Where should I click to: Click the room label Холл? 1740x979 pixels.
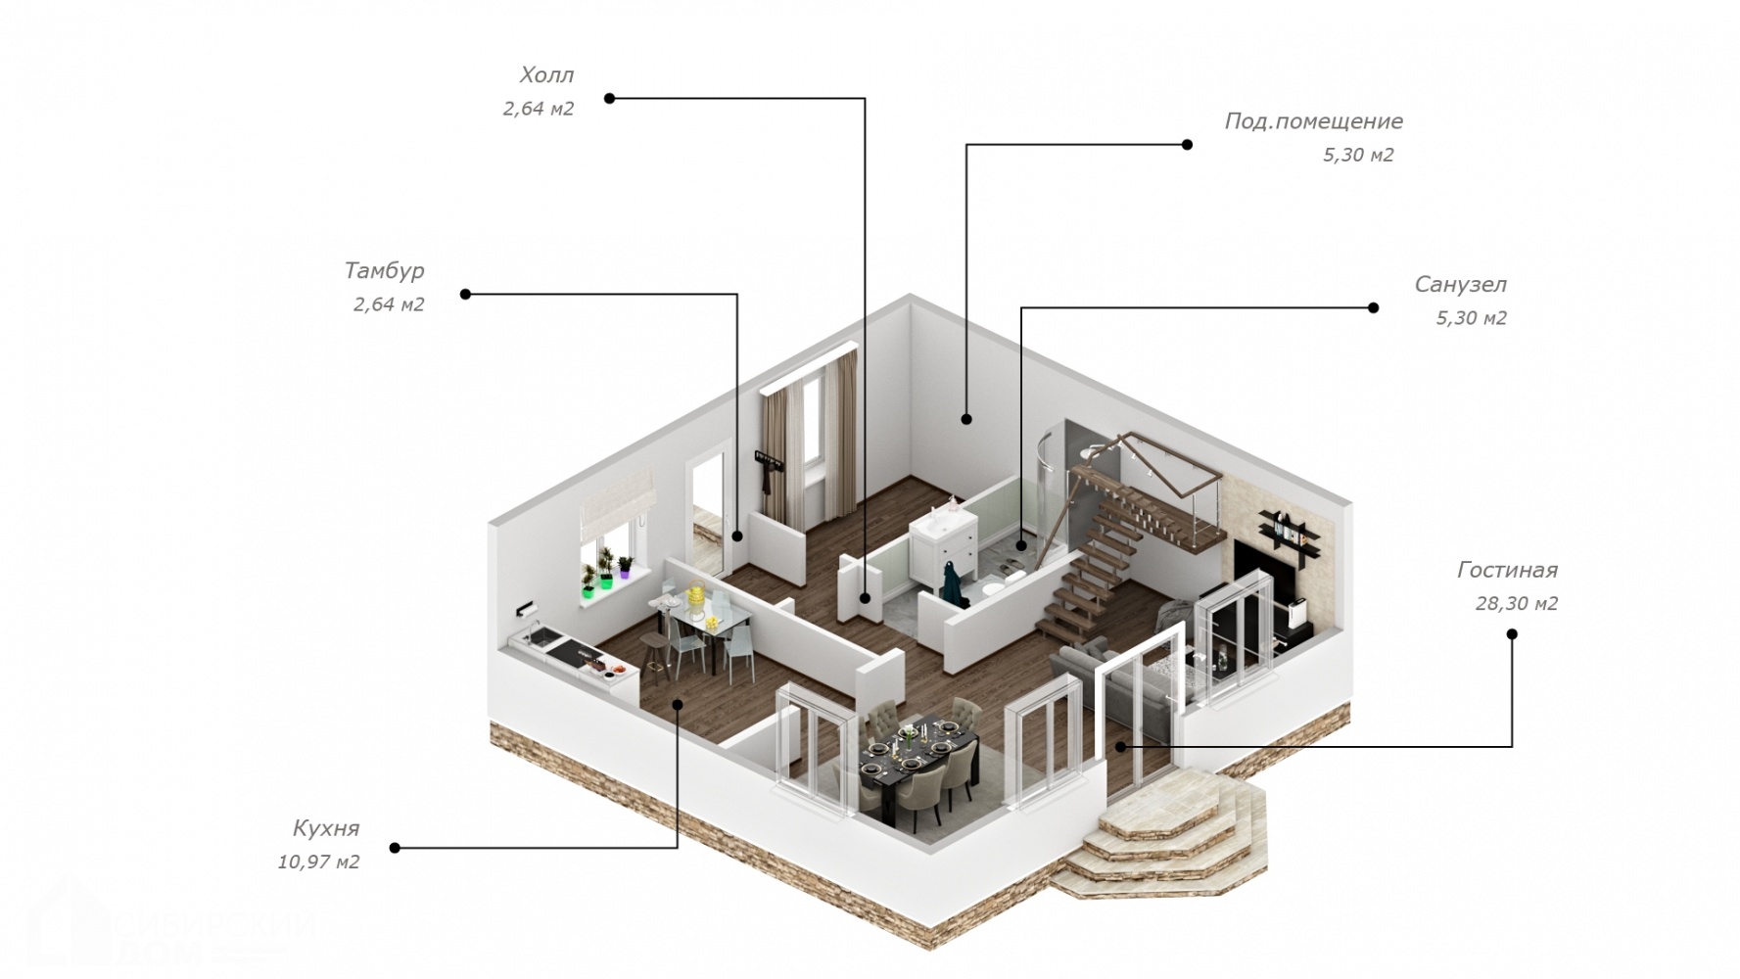(546, 75)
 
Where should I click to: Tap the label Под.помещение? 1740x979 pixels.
(1313, 121)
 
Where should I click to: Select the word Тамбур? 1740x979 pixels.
(384, 270)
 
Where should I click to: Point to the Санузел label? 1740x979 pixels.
(1460, 285)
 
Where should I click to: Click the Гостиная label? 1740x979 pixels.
(1507, 570)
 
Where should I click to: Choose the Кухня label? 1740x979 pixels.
(326, 828)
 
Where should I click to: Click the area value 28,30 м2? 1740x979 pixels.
(1516, 604)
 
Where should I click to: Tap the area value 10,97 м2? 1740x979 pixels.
(318, 862)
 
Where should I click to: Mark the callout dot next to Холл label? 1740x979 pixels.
(609, 98)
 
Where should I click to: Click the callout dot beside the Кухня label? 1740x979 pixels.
(395, 848)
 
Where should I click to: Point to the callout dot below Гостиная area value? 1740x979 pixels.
(1512, 634)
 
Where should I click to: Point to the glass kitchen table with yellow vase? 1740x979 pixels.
(703, 627)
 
